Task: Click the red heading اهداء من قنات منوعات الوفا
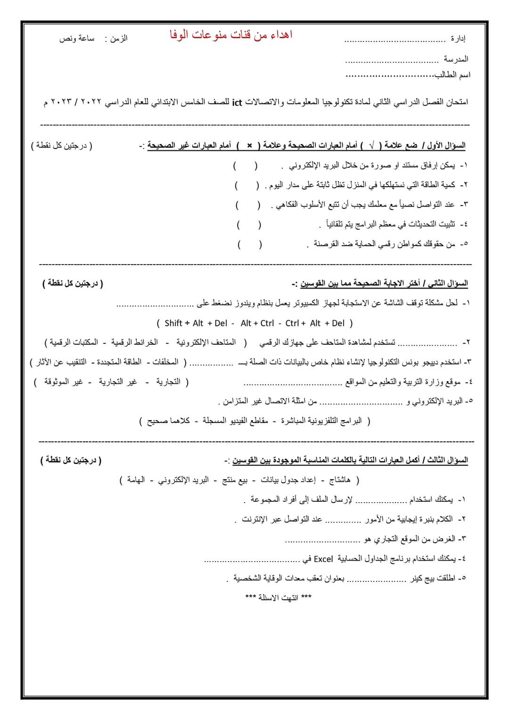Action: click(x=231, y=35)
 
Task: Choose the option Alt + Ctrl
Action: click(x=257, y=323)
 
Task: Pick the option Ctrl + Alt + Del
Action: click(x=315, y=323)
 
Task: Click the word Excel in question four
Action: click(x=323, y=559)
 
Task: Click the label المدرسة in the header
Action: click(x=456, y=59)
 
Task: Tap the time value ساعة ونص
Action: click(x=77, y=39)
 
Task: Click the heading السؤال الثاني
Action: click(x=448, y=283)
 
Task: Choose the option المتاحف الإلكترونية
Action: click(x=206, y=342)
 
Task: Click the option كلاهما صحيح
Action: click(x=168, y=421)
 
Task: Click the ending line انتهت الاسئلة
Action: click(x=278, y=597)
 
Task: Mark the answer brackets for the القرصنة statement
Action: click(x=250, y=244)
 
